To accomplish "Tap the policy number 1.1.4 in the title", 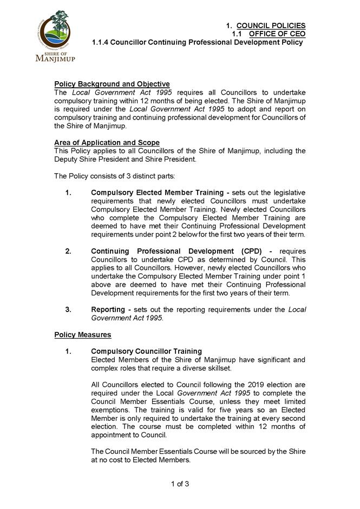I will (x=103, y=42).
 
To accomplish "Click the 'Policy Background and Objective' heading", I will (x=112, y=84).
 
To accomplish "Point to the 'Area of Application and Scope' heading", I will (x=107, y=143).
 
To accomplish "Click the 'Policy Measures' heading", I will (x=83, y=335).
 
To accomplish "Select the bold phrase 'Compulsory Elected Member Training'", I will (x=157, y=193).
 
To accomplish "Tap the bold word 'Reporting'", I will (x=108, y=309).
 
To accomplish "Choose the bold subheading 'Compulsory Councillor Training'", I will (x=146, y=352).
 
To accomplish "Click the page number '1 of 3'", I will (x=180, y=484).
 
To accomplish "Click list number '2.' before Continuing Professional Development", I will (x=68, y=251).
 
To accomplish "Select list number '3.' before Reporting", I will (x=68, y=309).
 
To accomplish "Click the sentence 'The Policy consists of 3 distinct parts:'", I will (x=115, y=176).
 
